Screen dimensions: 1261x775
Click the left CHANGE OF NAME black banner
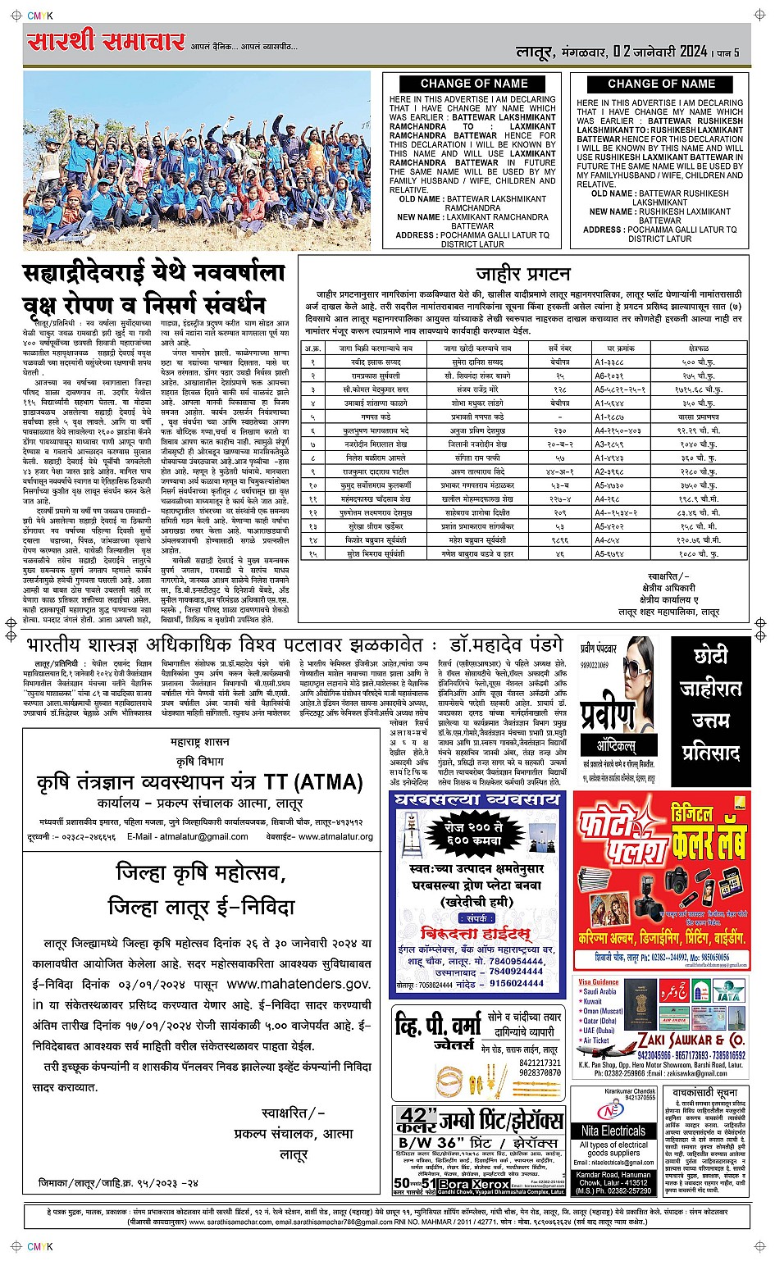pos(474,84)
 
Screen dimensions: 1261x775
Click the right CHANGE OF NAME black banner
pos(661,84)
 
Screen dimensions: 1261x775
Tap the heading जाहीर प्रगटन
pos(522,274)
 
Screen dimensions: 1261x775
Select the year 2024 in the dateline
pos(682,52)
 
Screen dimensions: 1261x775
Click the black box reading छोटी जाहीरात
pos(711,672)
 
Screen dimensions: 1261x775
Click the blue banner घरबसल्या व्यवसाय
pos(479,799)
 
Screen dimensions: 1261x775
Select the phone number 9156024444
pos(517,983)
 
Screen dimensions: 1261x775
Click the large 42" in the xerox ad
pos(414,1118)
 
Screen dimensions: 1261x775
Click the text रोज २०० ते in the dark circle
pos(477,828)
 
